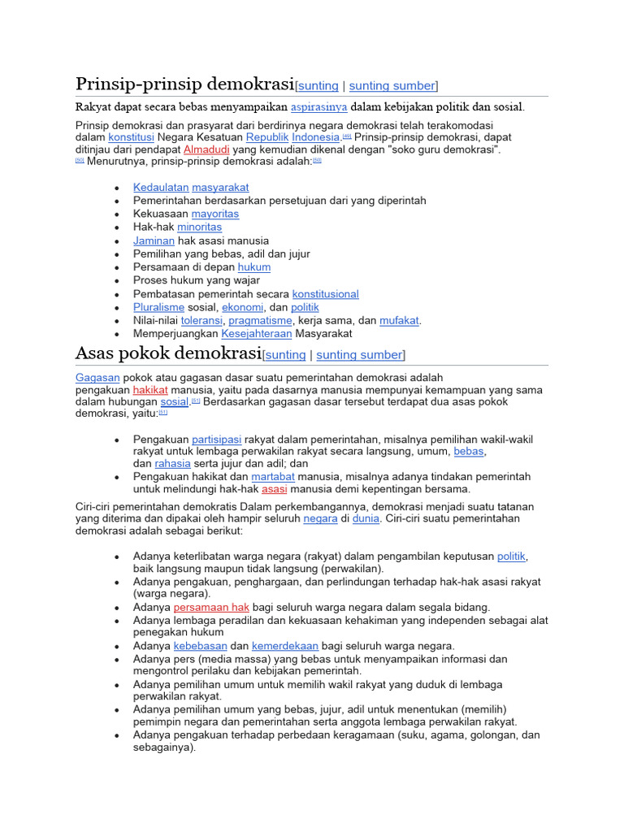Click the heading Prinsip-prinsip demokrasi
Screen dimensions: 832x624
tap(184, 84)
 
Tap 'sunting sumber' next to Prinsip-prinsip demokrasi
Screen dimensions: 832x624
tap(392, 86)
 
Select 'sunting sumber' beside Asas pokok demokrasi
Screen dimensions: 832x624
tap(359, 355)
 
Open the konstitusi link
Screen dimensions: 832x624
tap(131, 138)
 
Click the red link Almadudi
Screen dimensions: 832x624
tap(206, 150)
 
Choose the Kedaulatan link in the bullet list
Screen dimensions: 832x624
tap(161, 187)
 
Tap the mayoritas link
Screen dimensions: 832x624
tap(215, 214)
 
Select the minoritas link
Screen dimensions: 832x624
tap(199, 227)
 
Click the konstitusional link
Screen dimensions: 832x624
tap(325, 294)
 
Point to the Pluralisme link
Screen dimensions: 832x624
tap(159, 307)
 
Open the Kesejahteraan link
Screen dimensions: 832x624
tap(257, 334)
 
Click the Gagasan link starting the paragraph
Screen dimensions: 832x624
tap(97, 378)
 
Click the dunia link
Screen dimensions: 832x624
tap(366, 518)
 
